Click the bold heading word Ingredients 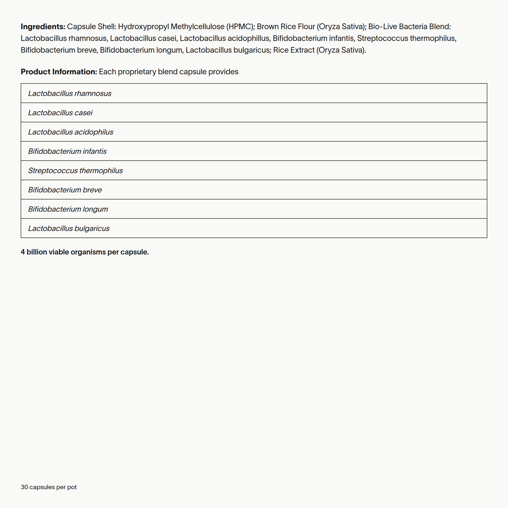point(43,27)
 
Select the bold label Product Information point(59,72)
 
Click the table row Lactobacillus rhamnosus point(70,93)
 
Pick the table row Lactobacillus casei point(60,113)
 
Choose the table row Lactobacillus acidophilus point(71,132)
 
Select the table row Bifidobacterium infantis point(67,151)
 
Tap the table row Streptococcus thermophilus point(75,171)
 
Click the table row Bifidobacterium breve point(65,190)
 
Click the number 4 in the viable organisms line point(23,252)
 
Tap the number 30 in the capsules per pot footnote point(24,487)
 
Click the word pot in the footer point(72,487)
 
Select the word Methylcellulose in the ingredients point(198,27)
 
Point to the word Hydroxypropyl point(143,27)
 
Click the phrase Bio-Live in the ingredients point(383,27)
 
